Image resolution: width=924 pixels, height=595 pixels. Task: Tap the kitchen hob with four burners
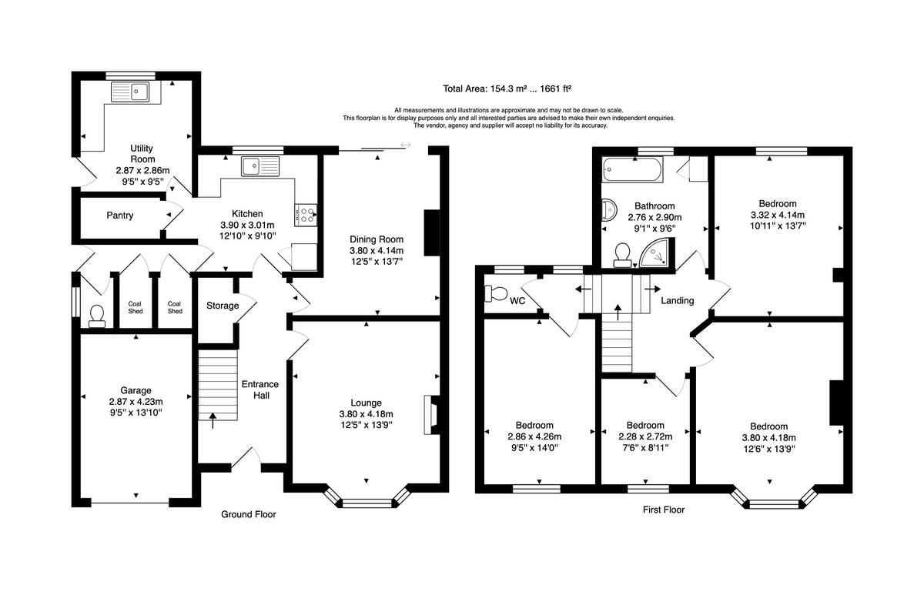pyautogui.click(x=306, y=215)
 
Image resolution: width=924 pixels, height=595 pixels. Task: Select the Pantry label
pyautogui.click(x=120, y=216)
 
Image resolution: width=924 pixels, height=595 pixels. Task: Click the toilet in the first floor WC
pyautogui.click(x=494, y=293)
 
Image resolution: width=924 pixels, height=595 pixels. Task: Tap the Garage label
pyautogui.click(x=136, y=390)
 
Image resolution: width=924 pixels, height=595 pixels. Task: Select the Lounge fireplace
pyautogui.click(x=430, y=416)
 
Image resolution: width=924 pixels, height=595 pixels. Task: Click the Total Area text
pyautogui.click(x=506, y=88)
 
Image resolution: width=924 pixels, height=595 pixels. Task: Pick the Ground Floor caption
pyautogui.click(x=248, y=514)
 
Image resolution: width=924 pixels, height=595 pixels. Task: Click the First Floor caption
pyautogui.click(x=663, y=510)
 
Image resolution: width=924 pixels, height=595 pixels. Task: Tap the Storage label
pyautogui.click(x=223, y=306)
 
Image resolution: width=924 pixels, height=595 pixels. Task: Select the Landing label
pyautogui.click(x=677, y=301)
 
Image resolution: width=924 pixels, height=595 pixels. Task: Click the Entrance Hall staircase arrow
pyautogui.click(x=213, y=419)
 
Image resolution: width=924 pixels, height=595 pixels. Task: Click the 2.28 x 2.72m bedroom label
pyautogui.click(x=644, y=436)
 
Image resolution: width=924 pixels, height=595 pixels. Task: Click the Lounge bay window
pyautogui.click(x=367, y=503)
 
